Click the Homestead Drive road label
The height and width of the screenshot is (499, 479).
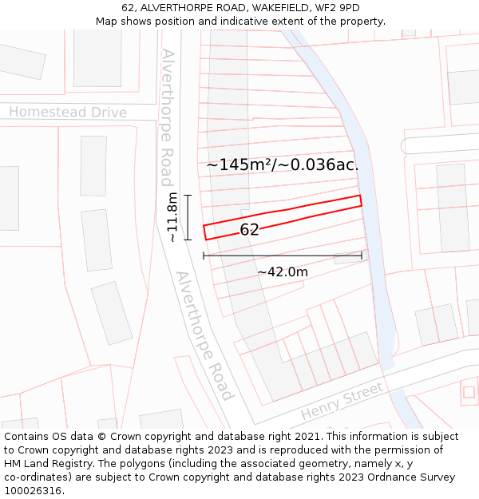click(x=68, y=113)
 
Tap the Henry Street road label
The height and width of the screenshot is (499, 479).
click(x=342, y=405)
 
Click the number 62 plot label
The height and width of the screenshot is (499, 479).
click(x=249, y=230)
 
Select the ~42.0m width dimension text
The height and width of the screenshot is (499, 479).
click(x=283, y=272)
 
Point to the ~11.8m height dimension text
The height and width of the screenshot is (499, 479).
click(x=172, y=217)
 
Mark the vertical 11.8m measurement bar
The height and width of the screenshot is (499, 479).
click(x=188, y=217)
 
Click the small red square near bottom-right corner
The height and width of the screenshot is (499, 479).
click(x=469, y=391)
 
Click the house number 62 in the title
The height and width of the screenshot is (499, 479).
click(x=128, y=8)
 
